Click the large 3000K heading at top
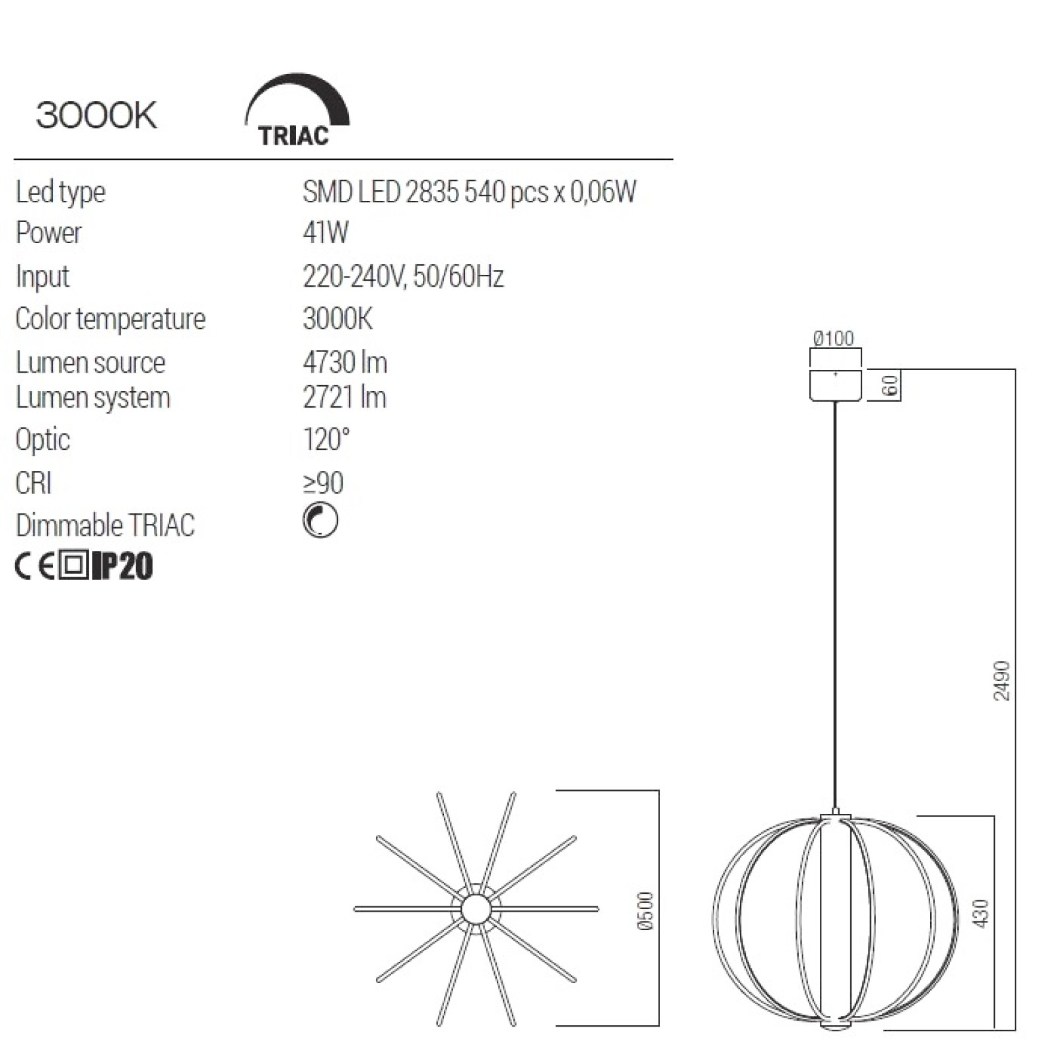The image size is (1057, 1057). click(96, 116)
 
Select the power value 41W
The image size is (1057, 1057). click(325, 233)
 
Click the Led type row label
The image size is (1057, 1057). click(60, 192)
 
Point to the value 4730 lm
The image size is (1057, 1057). click(345, 362)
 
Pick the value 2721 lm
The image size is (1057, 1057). click(344, 397)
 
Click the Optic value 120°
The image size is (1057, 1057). click(326, 439)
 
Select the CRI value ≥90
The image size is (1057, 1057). click(323, 483)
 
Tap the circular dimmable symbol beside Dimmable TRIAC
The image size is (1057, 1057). click(320, 520)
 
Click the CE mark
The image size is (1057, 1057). click(35, 566)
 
